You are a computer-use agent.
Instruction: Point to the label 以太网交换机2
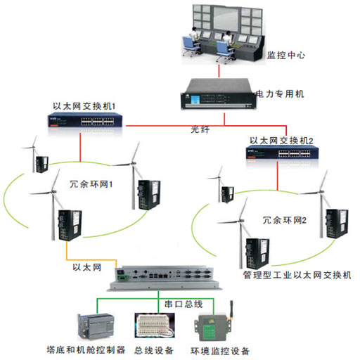[285, 140]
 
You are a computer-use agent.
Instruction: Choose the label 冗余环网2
[285, 220]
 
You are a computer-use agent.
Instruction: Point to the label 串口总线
[184, 304]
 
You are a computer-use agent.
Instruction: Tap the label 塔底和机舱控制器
[85, 349]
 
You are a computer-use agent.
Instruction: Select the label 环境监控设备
[219, 349]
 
